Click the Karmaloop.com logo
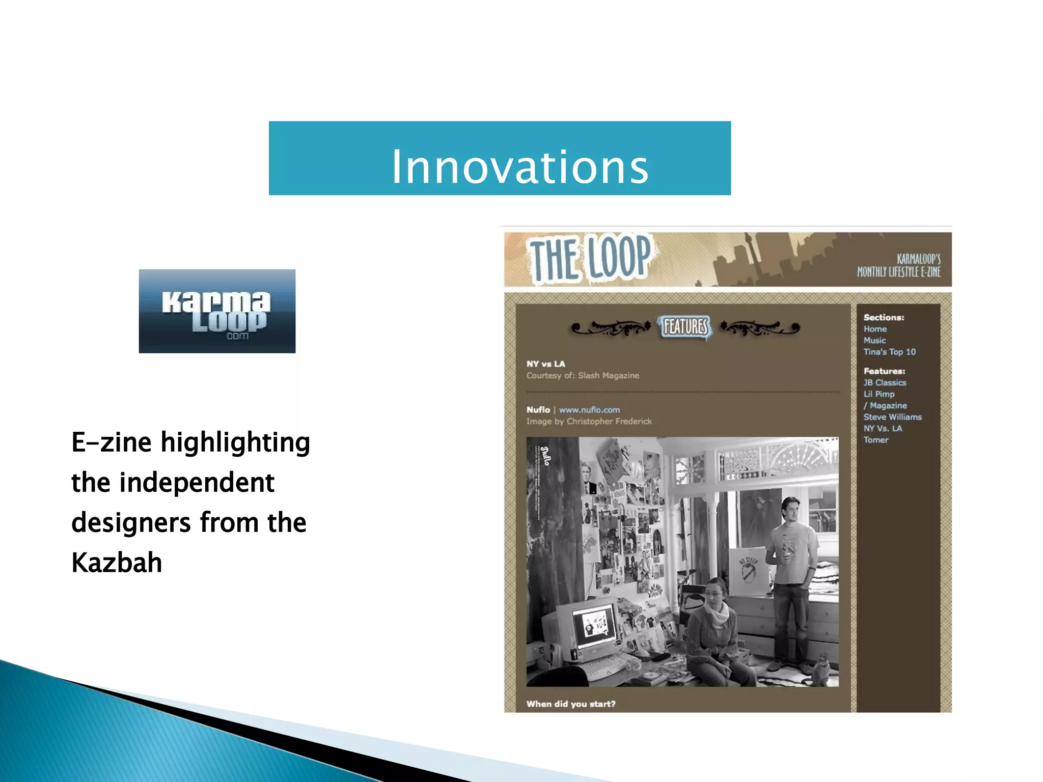click(x=217, y=311)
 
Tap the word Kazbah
click(x=117, y=563)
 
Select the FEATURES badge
click(x=685, y=326)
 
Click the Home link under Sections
click(x=875, y=329)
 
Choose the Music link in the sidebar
click(x=874, y=340)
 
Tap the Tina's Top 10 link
click(x=889, y=352)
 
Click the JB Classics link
click(x=885, y=382)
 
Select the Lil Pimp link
click(x=879, y=394)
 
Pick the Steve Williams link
click(x=892, y=417)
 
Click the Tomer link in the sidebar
click(x=875, y=440)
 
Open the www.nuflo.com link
click(x=589, y=410)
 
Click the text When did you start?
click(x=571, y=704)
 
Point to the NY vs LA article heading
click(x=545, y=364)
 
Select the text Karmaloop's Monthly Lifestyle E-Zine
click(x=899, y=265)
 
